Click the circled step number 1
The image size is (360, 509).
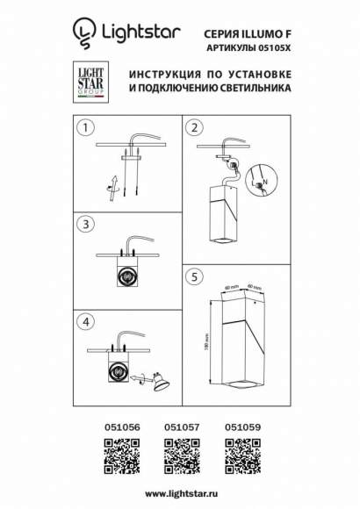84,128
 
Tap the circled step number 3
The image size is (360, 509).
84,225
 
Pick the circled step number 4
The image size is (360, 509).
84,321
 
